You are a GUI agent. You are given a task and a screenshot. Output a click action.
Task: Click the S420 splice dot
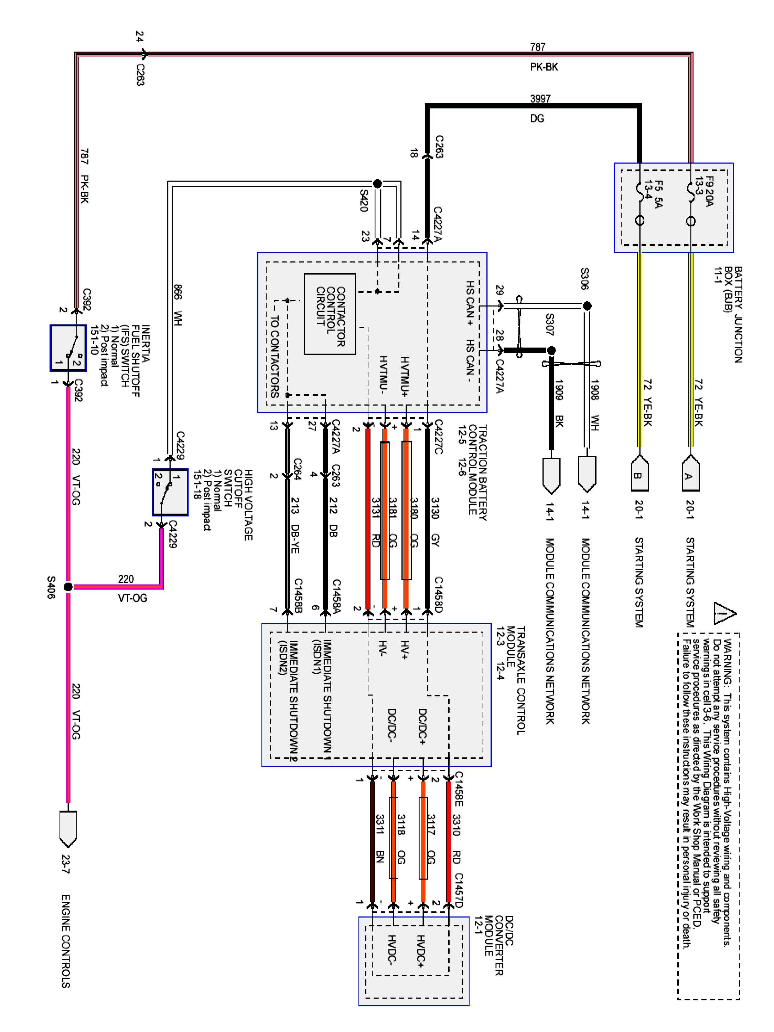click(x=377, y=183)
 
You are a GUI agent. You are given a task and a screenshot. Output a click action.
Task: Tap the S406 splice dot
click(x=68, y=587)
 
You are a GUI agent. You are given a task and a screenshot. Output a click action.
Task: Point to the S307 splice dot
click(x=551, y=350)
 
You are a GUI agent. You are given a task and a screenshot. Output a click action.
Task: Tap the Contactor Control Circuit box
click(x=330, y=313)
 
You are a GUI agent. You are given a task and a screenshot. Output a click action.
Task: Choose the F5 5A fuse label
click(x=653, y=194)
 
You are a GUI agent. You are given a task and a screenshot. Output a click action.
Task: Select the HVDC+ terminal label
click(x=420, y=951)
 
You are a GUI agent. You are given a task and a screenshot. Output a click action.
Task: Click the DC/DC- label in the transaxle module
click(x=391, y=725)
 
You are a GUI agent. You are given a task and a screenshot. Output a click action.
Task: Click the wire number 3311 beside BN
click(x=380, y=824)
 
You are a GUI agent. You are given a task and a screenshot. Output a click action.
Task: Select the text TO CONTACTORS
click(x=275, y=356)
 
